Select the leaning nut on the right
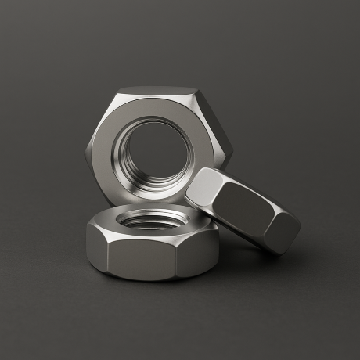pyautogui.click(x=244, y=209)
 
